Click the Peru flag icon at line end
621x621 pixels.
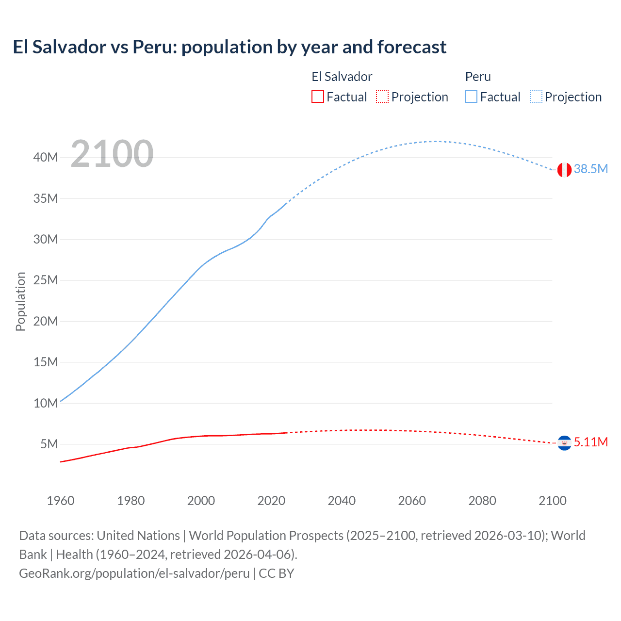(564, 170)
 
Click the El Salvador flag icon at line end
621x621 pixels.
(564, 443)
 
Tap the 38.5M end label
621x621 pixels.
(590, 169)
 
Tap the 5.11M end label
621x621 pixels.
(590, 442)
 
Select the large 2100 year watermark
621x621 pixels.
(112, 154)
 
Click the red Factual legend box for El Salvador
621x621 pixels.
(317, 97)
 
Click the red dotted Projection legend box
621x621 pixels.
(382, 97)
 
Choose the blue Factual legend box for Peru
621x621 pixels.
(471, 97)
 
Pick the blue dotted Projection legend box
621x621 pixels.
(536, 97)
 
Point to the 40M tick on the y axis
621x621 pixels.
(46, 157)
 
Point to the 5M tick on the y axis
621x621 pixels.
(49, 444)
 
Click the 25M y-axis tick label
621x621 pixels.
(46, 280)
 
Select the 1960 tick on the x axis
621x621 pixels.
(61, 501)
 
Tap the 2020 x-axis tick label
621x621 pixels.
(271, 501)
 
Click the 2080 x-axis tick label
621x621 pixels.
(482, 501)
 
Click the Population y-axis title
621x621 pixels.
(20, 301)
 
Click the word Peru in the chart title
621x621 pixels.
(152, 47)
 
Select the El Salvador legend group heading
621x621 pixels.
(342, 77)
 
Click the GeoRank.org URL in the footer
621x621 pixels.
(134, 573)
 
